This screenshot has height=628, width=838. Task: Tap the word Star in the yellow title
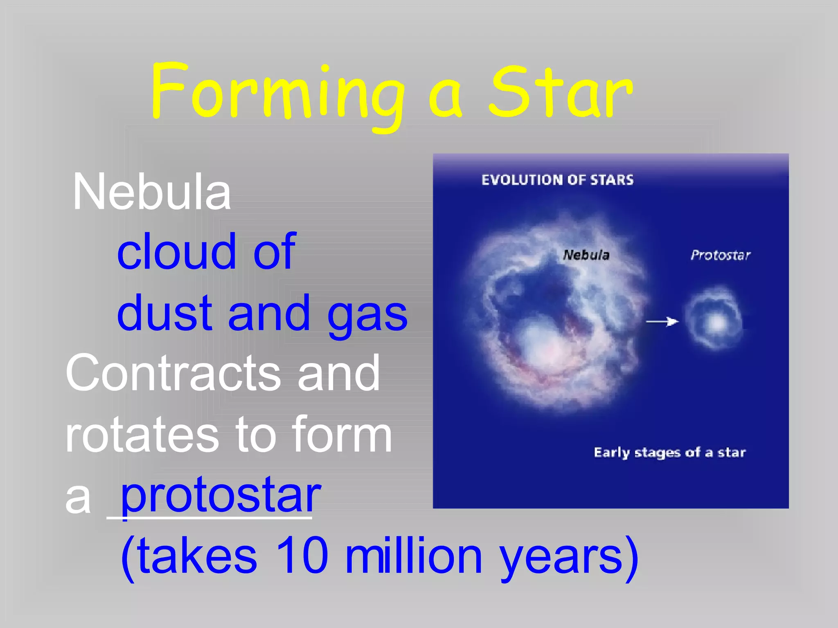pyautogui.click(x=561, y=93)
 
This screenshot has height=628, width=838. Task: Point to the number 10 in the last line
pyautogui.click(x=302, y=556)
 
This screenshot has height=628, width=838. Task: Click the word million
pyautogui.click(x=413, y=556)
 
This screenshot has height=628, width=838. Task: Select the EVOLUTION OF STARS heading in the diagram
pyautogui.click(x=557, y=180)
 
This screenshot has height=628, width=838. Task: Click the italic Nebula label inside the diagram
pyautogui.click(x=586, y=255)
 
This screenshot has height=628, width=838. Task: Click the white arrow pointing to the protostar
pyautogui.click(x=662, y=322)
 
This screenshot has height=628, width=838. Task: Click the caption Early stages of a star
pyautogui.click(x=669, y=453)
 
